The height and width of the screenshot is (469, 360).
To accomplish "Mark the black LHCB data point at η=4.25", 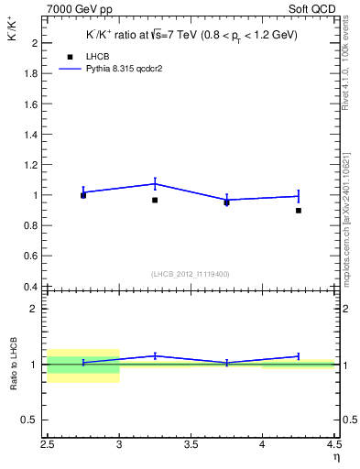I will click(x=298, y=211).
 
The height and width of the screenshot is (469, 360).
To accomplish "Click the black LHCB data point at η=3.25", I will click(x=155, y=200).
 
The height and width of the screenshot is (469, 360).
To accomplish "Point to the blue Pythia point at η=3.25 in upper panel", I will click(x=155, y=183).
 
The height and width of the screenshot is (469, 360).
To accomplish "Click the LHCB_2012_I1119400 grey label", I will click(x=191, y=274).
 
